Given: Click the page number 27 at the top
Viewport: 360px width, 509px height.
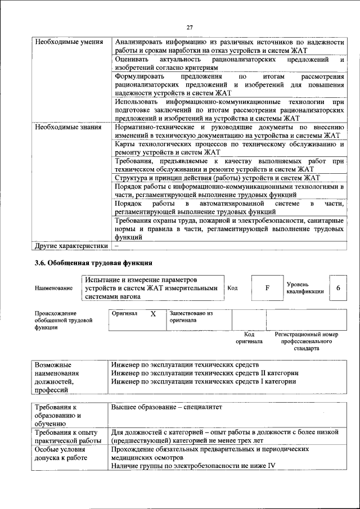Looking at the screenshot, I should pyautogui.click(x=190, y=27).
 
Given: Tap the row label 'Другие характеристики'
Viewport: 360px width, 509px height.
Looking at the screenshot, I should pyautogui.click(x=71, y=246).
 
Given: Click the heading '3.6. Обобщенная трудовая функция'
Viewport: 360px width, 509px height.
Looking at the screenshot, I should pyautogui.click(x=93, y=263).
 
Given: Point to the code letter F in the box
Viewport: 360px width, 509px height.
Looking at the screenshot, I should pyautogui.click(x=267, y=288).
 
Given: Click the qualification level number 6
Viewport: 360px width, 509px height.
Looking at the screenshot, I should pyautogui.click(x=338, y=288).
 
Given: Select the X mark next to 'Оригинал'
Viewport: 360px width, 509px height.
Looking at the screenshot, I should pyautogui.click(x=153, y=314).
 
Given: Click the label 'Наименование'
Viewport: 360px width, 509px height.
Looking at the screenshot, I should pyautogui.click(x=53, y=289).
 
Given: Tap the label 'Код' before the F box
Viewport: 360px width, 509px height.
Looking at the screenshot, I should pyautogui.click(x=232, y=288).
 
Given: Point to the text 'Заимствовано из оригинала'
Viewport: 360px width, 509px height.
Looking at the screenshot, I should pyautogui.click(x=191, y=317).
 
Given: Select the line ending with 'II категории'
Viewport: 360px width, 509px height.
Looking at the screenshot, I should pyautogui.click(x=204, y=373).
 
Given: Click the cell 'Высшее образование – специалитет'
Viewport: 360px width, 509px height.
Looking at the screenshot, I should pyautogui.click(x=167, y=407).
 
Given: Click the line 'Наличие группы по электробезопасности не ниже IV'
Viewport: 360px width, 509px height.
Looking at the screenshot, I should pyautogui.click(x=193, y=466).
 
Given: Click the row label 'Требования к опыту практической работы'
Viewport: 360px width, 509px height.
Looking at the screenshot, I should pyautogui.click(x=66, y=436).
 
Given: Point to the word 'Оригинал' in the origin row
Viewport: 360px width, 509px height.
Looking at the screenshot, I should pyautogui.click(x=124, y=313).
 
